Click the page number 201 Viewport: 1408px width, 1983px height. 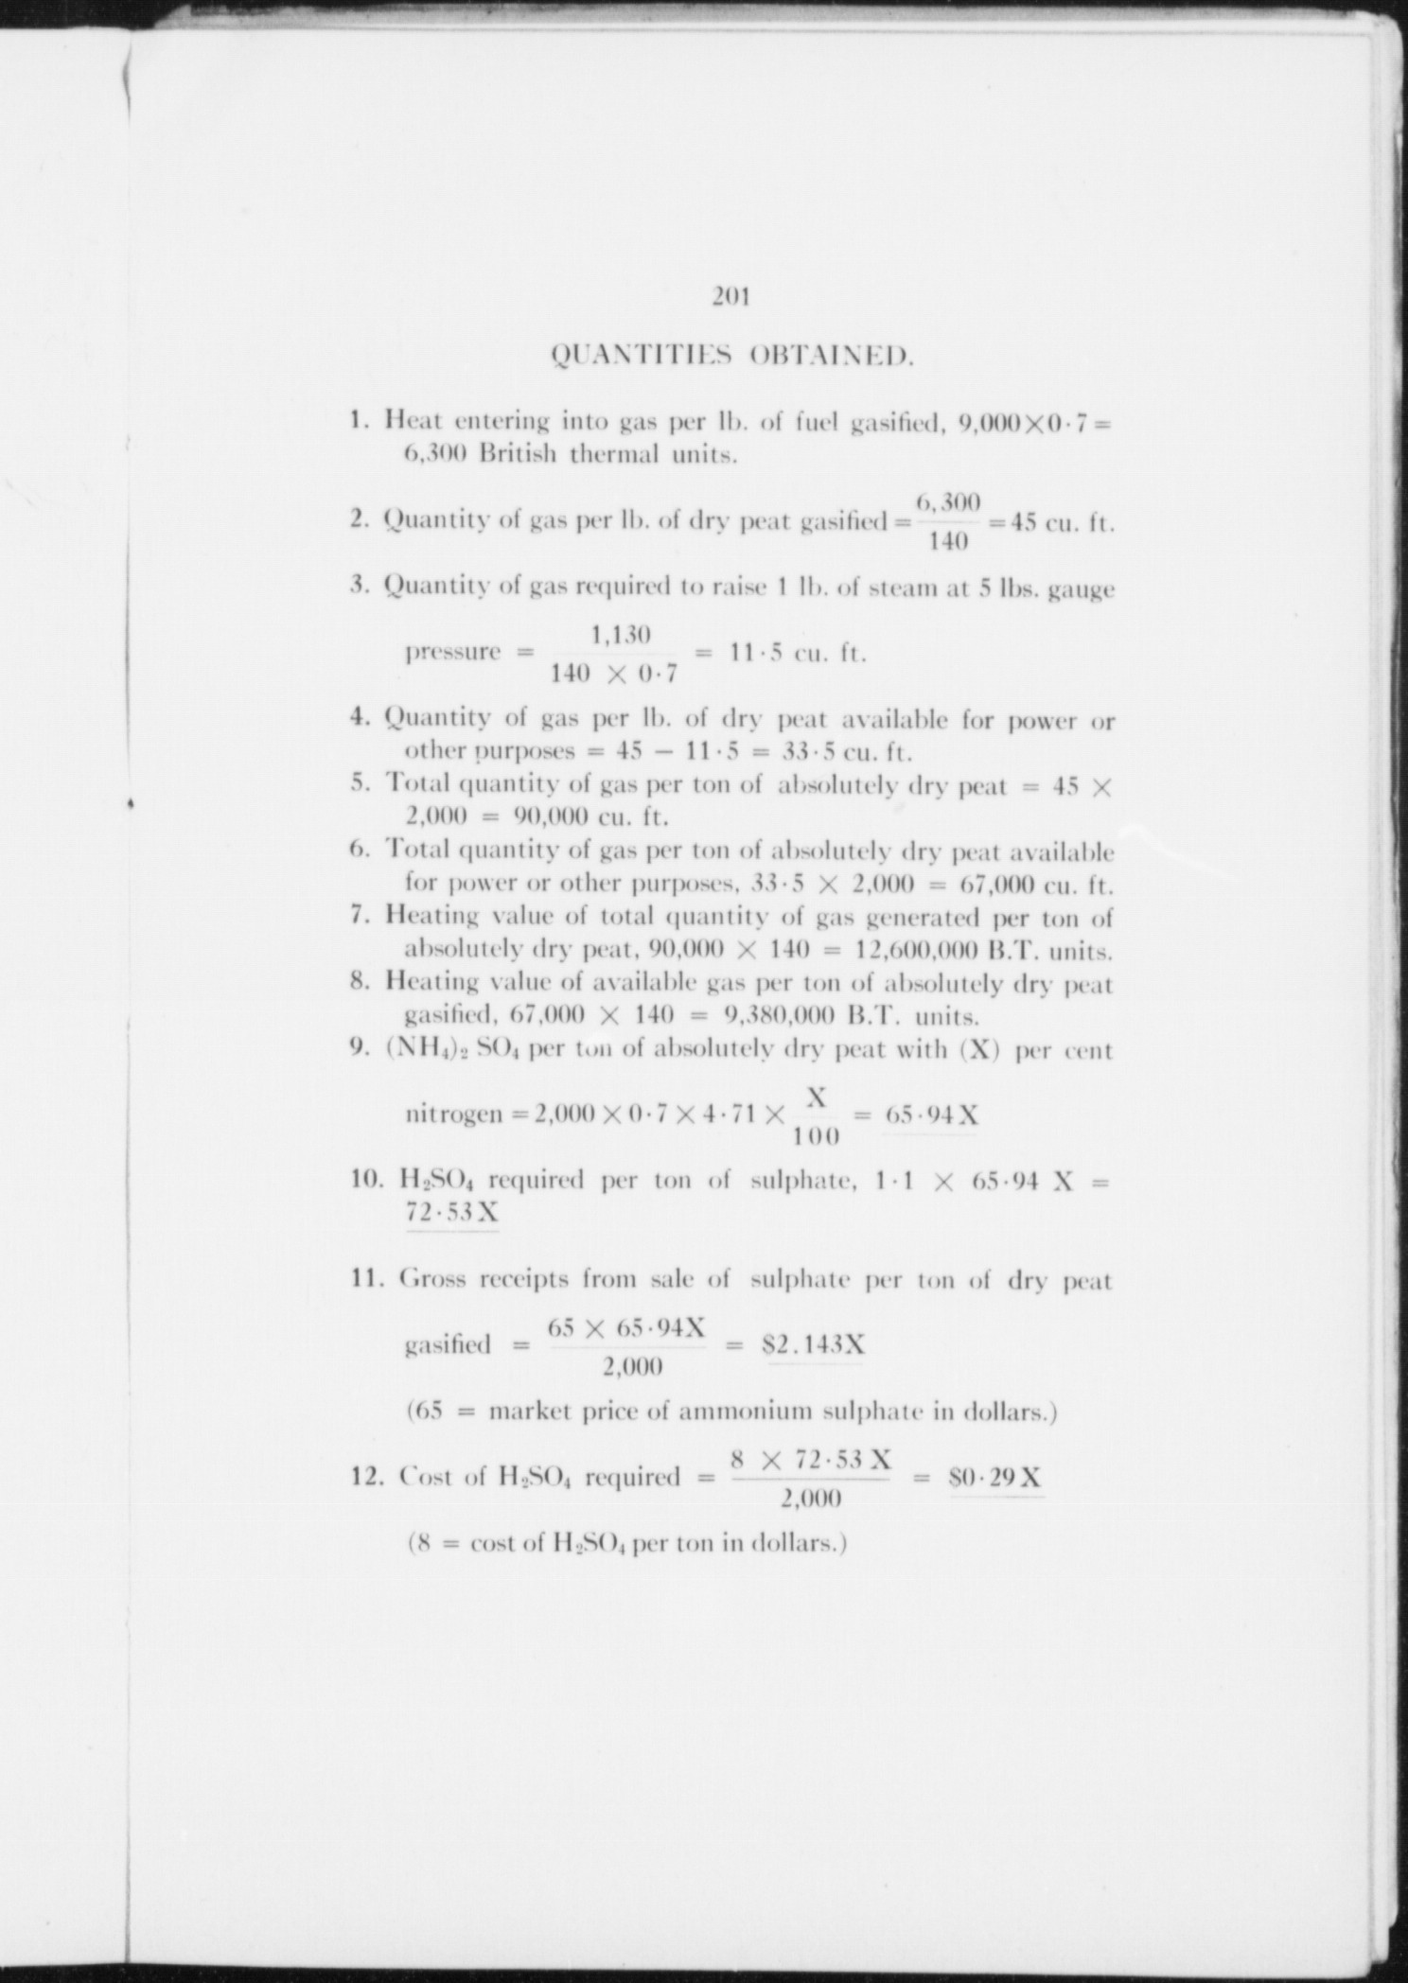(731, 298)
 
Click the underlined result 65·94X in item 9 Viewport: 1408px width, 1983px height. (931, 1115)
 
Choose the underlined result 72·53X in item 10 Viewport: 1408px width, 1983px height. (451, 1213)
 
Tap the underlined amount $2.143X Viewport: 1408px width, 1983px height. (815, 1344)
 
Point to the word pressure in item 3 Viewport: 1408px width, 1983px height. (452, 653)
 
